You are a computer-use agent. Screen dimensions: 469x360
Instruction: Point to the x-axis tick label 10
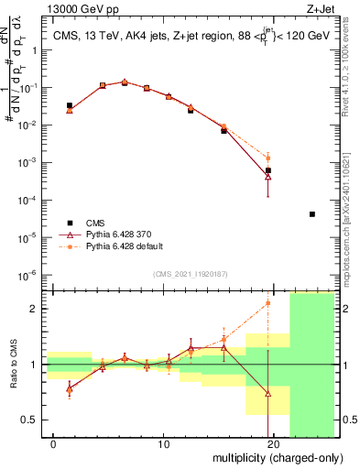(x=164, y=444)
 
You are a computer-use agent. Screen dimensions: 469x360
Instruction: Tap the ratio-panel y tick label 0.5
(x=27, y=420)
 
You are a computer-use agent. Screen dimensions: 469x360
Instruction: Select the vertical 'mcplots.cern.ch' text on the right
(x=350, y=211)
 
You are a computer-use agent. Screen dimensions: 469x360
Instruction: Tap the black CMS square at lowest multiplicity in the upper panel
(x=70, y=106)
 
